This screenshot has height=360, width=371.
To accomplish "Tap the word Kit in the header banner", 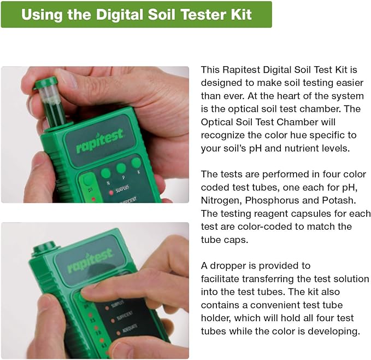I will click(241, 14).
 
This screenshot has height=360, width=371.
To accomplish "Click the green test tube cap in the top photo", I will click(45, 83).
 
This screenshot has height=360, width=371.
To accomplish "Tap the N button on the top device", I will click(105, 173).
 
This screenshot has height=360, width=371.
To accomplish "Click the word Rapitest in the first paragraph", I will click(239, 69).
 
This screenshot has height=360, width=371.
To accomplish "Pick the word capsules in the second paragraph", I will click(309, 213).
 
